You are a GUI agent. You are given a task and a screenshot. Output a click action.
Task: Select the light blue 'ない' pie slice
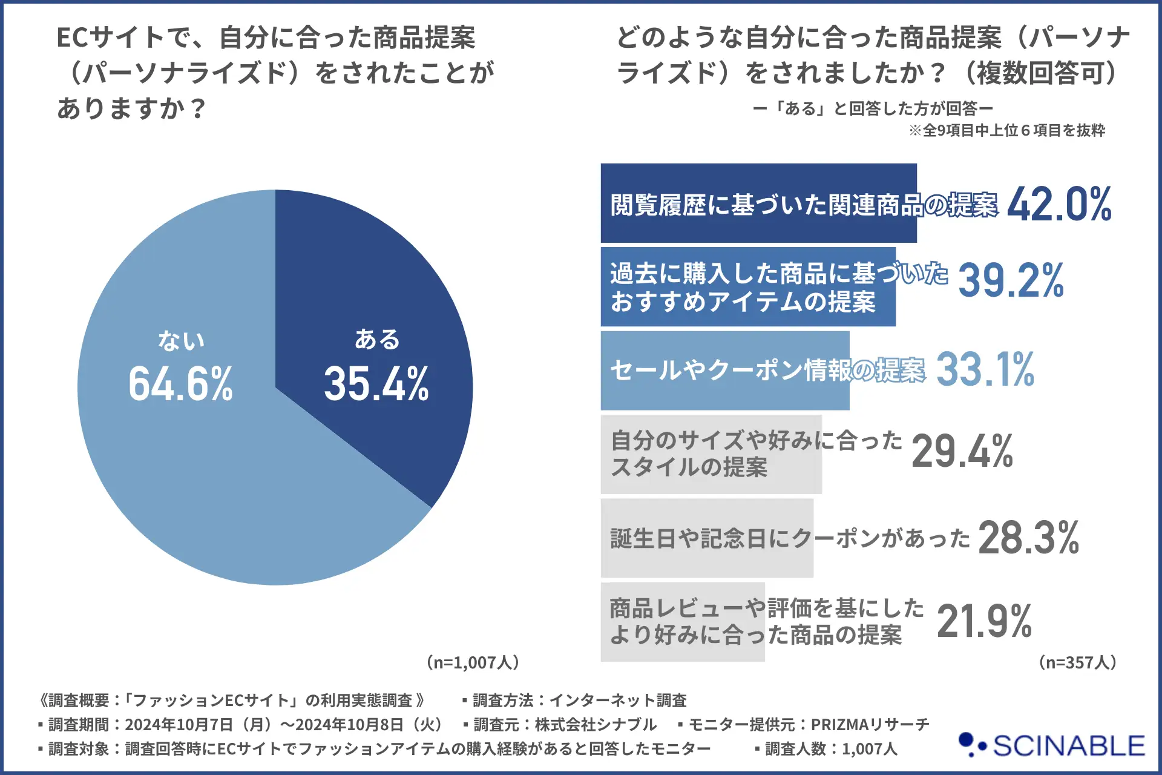coord(200,484)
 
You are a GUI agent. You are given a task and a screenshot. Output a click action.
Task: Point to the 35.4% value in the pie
coord(376,384)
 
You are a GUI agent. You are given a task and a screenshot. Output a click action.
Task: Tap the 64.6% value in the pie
coord(180,384)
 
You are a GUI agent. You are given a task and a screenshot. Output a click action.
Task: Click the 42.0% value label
coord(1059,204)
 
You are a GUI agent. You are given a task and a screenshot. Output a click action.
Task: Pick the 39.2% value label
coord(1011,280)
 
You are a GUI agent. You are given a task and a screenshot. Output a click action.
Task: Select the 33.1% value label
coord(985,369)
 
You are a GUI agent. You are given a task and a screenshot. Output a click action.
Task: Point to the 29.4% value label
coord(962,452)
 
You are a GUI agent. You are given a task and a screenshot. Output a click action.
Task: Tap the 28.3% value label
coord(1028,538)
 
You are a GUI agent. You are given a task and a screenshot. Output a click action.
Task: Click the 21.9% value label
coord(984,621)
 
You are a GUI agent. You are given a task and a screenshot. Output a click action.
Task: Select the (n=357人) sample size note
coord(1077,662)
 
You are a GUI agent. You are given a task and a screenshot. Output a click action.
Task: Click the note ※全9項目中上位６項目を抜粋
coord(1007,130)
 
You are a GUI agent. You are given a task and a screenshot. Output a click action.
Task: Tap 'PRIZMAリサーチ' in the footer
coord(870,724)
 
